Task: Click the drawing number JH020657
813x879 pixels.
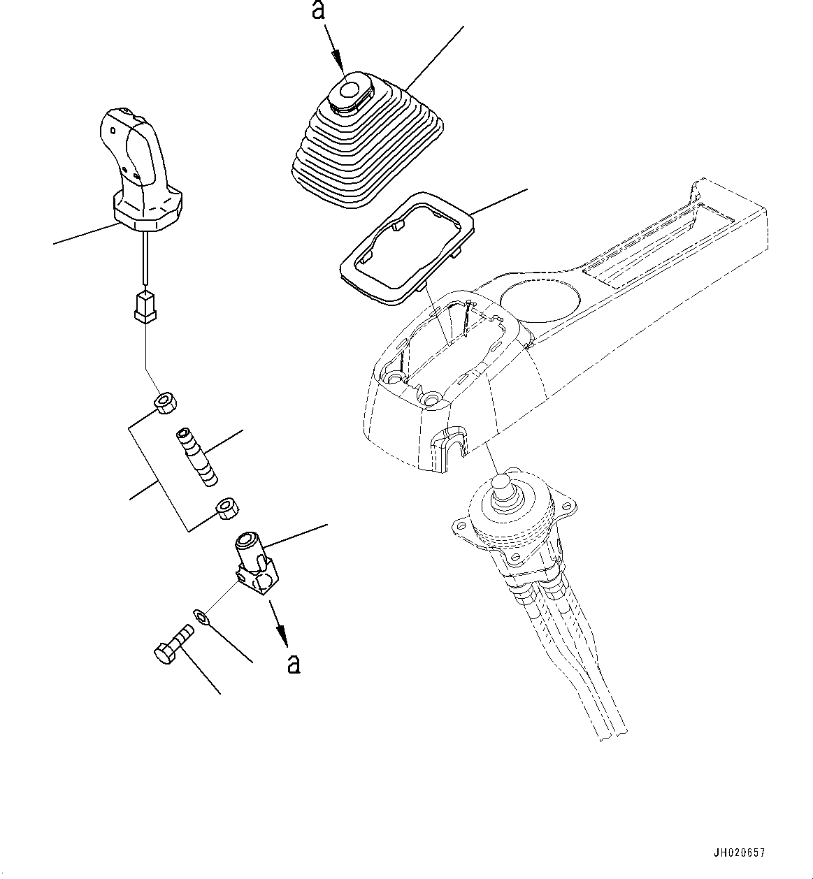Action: [x=739, y=852]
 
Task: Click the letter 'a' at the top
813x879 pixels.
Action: [x=318, y=10]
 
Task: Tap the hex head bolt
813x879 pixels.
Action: [x=173, y=644]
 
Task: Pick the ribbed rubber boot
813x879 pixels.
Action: [x=367, y=140]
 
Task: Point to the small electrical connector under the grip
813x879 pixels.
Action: [x=145, y=306]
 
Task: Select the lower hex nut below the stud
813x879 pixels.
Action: [x=226, y=509]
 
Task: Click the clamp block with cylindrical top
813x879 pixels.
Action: [x=257, y=563]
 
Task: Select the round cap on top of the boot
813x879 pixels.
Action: [x=350, y=90]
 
